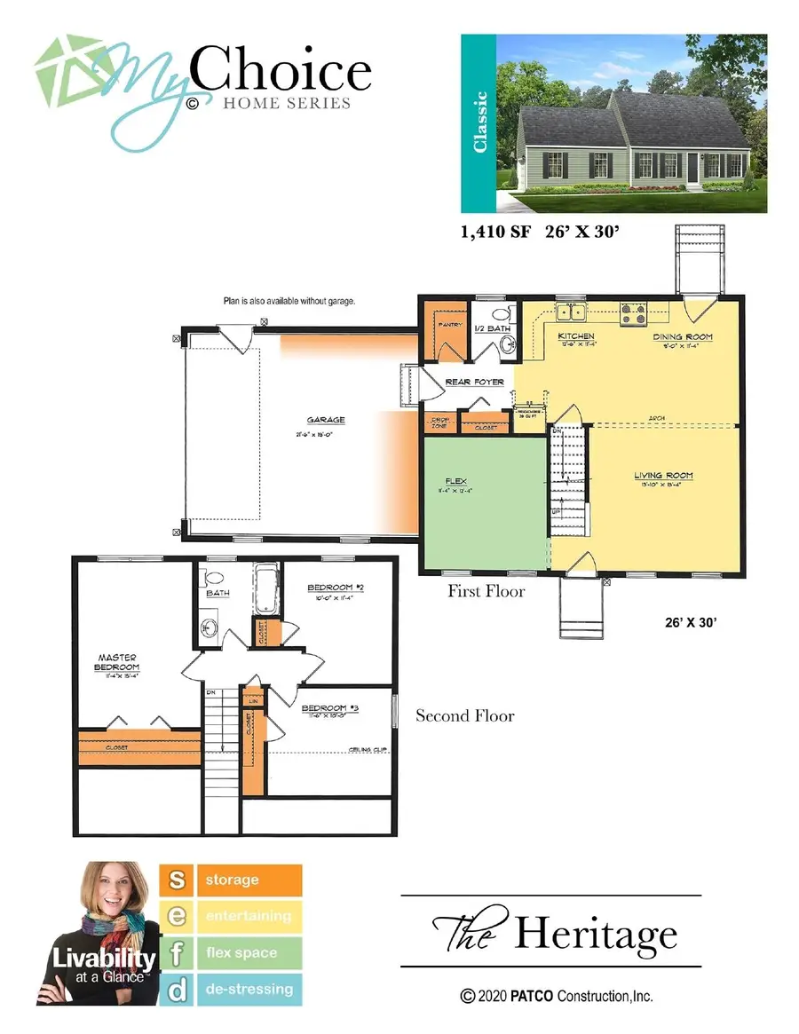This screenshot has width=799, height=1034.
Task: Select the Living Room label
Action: click(x=663, y=476)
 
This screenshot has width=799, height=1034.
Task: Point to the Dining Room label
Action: click(x=683, y=337)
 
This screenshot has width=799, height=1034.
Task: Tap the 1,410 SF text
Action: click(x=494, y=234)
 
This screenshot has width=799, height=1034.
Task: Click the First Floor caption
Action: click(x=487, y=590)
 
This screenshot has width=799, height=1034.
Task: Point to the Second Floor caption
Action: click(x=465, y=715)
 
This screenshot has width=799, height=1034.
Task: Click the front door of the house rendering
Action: click(x=691, y=166)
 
